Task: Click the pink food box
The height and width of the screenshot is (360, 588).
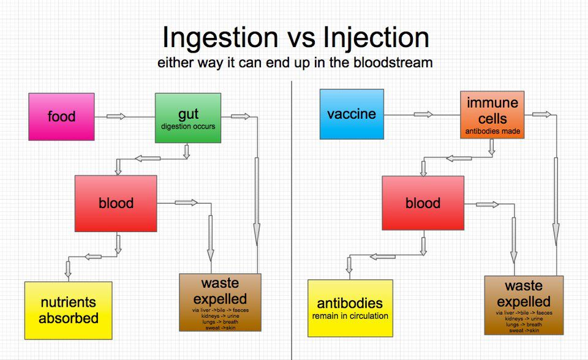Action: point(61,116)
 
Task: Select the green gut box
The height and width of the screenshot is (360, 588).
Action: point(187,116)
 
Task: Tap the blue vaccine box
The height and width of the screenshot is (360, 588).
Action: point(352,114)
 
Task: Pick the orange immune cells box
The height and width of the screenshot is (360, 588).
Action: point(492,114)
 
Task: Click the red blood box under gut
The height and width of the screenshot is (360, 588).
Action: point(116,203)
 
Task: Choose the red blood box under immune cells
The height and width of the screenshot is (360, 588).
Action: point(423,203)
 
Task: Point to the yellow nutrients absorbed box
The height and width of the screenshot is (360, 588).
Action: point(68,310)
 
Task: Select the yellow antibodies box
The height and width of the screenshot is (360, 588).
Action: point(350,308)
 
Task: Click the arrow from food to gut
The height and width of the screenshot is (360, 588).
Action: point(116,116)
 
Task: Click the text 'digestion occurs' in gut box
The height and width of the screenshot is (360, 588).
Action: point(187,127)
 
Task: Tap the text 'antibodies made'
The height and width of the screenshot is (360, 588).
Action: point(492,130)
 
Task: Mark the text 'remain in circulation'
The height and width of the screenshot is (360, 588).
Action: point(350,317)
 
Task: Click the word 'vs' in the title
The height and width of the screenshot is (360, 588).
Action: point(301,38)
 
